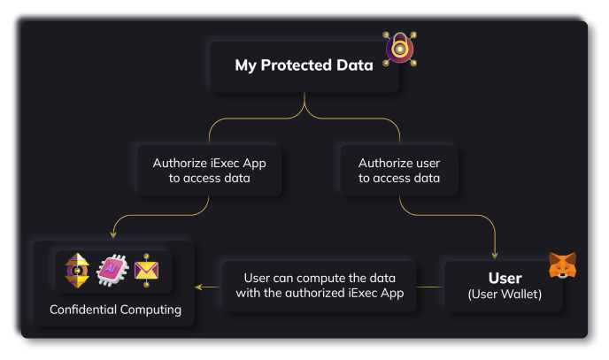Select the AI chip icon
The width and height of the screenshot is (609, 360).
pyautogui.click(x=112, y=271)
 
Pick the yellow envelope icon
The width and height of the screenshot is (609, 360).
pyautogui.click(x=147, y=271)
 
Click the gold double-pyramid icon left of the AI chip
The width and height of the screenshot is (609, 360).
pyautogui.click(x=77, y=271)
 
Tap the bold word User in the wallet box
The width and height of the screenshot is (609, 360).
pyautogui.click(x=505, y=279)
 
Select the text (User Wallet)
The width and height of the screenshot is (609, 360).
pyautogui.click(x=505, y=295)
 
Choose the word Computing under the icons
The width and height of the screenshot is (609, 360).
pyautogui.click(x=152, y=310)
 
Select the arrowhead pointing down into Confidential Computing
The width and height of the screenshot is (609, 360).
pyautogui.click(x=114, y=235)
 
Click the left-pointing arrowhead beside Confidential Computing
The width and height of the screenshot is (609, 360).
pyautogui.click(x=198, y=287)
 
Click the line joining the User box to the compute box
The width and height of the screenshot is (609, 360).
pyautogui.click(x=430, y=287)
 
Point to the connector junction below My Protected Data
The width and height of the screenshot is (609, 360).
pyautogui.click(x=304, y=108)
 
